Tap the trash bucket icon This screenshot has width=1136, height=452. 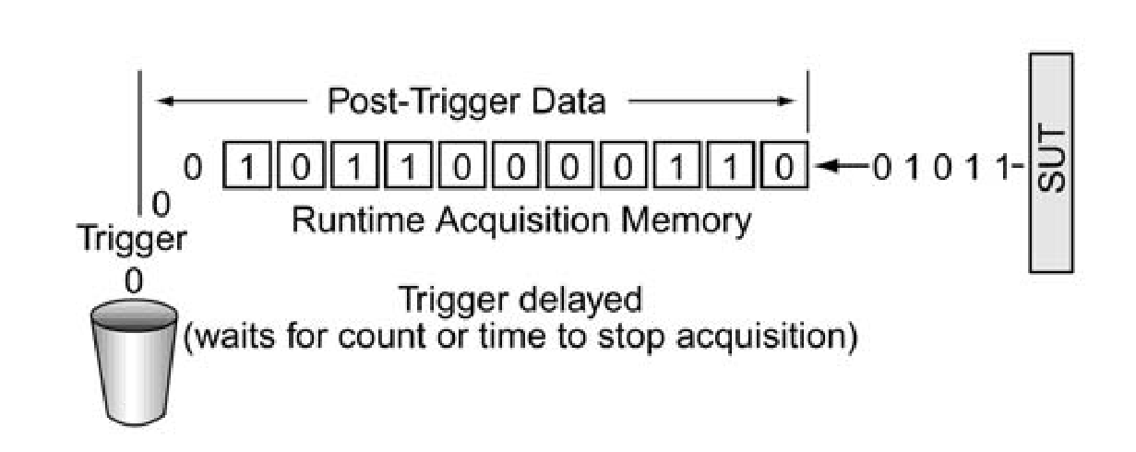134,365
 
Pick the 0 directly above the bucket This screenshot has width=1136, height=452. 134,281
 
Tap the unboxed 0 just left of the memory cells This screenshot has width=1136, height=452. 192,169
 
